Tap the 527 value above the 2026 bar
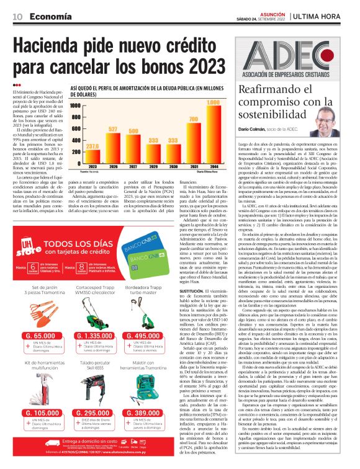pos(114,128)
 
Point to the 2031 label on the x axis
pos(193,167)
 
